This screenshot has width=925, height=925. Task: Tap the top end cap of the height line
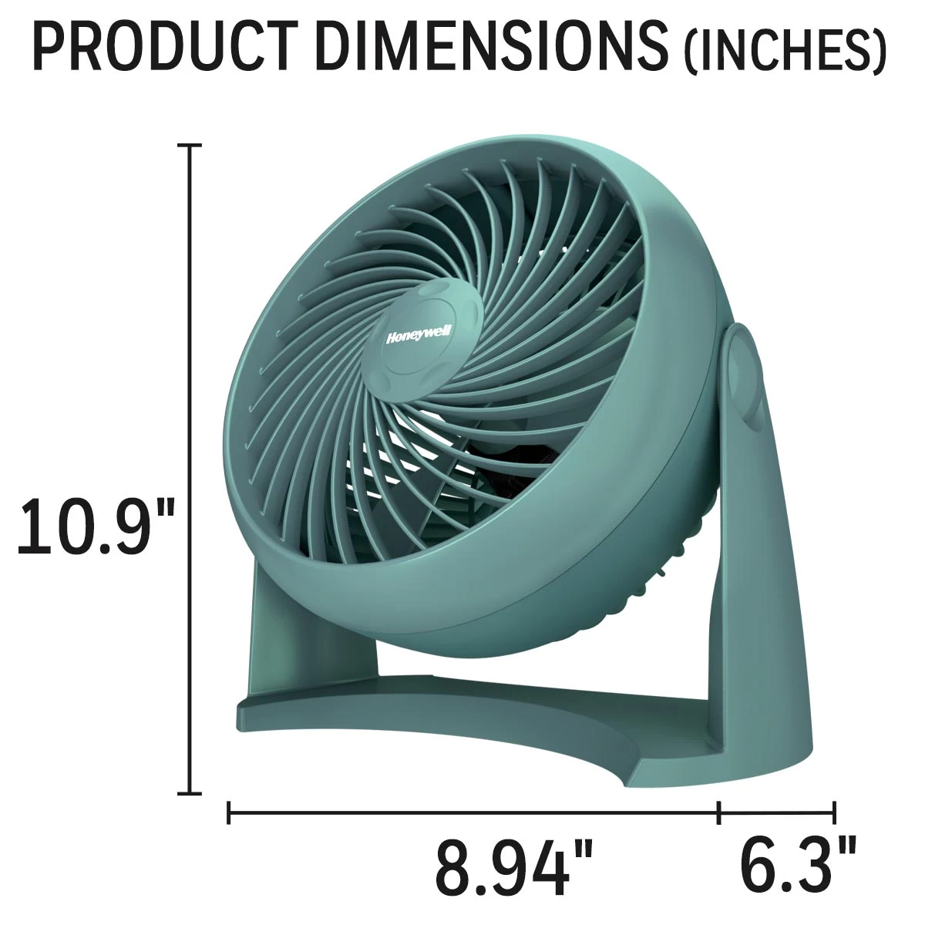pos(190,144)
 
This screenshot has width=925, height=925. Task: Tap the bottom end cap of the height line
pos(190,793)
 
